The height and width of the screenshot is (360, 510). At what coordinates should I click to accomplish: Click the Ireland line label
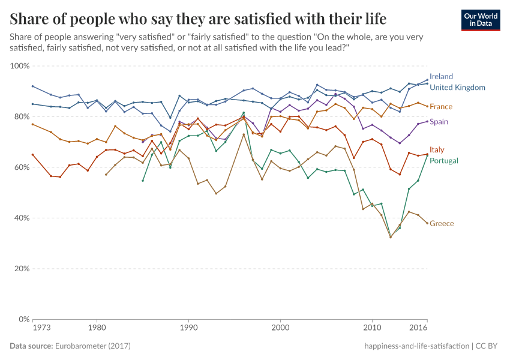[x=441, y=77]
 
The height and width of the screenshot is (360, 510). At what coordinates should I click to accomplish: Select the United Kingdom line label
[x=457, y=88]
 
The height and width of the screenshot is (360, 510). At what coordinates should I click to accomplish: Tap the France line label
[x=441, y=107]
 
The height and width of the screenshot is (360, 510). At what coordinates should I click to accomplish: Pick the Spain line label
[x=439, y=122]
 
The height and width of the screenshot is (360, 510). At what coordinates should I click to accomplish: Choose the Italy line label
[x=437, y=150]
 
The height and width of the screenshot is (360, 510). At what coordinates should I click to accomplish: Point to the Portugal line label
[x=444, y=161]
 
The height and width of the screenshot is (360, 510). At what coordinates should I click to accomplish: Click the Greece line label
[x=442, y=224]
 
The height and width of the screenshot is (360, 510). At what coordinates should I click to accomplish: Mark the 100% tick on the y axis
[x=20, y=65]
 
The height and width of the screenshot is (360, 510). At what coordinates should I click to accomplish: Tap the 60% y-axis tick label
[x=22, y=167]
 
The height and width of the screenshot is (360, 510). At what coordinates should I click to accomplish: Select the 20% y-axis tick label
[x=22, y=269]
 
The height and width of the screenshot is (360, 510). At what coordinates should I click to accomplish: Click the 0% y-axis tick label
[x=24, y=319]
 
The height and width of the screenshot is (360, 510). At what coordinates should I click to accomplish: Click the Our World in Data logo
[x=481, y=20]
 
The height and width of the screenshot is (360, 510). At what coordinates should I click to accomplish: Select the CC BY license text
[x=490, y=346]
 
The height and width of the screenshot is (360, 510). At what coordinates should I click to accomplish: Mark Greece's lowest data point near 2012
[x=391, y=237]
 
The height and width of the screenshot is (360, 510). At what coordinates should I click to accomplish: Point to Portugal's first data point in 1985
[x=143, y=181]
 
